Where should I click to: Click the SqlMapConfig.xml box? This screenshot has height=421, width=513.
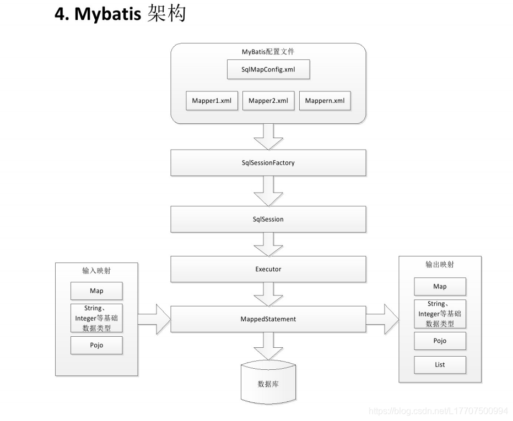(x=268, y=70)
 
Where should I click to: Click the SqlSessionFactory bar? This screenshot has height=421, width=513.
(x=268, y=163)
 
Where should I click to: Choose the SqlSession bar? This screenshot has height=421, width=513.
(x=268, y=219)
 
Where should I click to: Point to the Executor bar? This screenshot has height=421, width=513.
(x=268, y=270)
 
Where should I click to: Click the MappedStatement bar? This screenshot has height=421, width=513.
(x=268, y=319)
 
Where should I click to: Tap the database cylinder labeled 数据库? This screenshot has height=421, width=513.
(x=268, y=382)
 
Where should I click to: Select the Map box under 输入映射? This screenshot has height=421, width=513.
(x=96, y=291)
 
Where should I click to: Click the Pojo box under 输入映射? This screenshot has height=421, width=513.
(x=96, y=345)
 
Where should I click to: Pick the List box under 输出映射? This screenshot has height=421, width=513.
(x=440, y=364)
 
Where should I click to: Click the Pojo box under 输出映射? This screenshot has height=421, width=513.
(x=440, y=341)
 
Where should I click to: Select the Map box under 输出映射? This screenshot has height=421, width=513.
(x=440, y=286)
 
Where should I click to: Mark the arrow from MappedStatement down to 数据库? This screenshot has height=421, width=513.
(x=268, y=346)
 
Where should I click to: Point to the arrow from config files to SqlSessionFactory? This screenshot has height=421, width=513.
(x=268, y=136)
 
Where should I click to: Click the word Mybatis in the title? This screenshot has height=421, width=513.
(x=107, y=14)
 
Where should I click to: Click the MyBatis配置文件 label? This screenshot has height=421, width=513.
(x=268, y=52)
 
